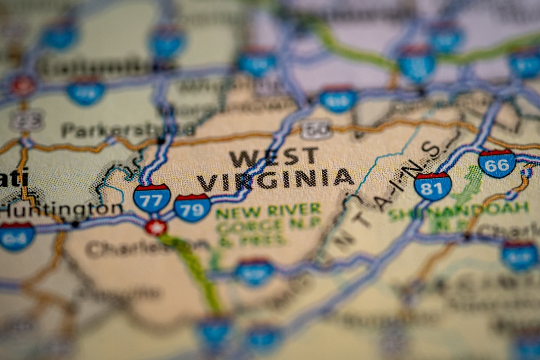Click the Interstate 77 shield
click(x=152, y=198)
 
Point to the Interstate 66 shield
click(x=497, y=164)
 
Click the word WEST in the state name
click(x=273, y=157)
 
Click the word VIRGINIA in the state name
click(x=275, y=179)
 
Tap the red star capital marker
click(x=156, y=227)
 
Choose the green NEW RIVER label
click(x=268, y=210)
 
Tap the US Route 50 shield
click(x=316, y=130)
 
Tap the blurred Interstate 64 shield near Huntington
click(x=17, y=236)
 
